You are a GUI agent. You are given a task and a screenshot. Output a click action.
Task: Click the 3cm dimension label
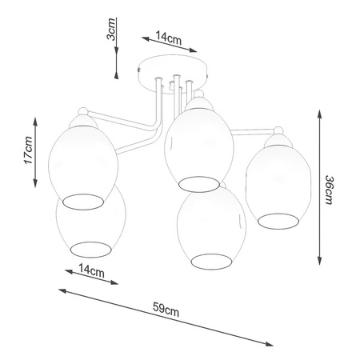click(x=111, y=29)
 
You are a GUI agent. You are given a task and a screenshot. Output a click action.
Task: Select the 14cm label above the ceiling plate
click(x=169, y=38)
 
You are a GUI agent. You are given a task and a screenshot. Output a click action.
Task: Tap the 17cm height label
click(x=28, y=150)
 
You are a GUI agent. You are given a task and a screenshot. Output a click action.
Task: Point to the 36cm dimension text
click(x=329, y=190)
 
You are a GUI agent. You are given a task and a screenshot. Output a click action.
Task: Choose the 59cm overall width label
click(x=166, y=309)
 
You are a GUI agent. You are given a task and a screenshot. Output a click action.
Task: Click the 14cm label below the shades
click(x=91, y=270)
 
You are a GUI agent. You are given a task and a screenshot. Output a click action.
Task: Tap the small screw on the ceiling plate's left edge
click(x=139, y=70)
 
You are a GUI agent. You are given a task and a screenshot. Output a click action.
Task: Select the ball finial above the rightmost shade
click(x=279, y=130)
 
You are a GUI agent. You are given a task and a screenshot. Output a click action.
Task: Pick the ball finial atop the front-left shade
click(x=82, y=111)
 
